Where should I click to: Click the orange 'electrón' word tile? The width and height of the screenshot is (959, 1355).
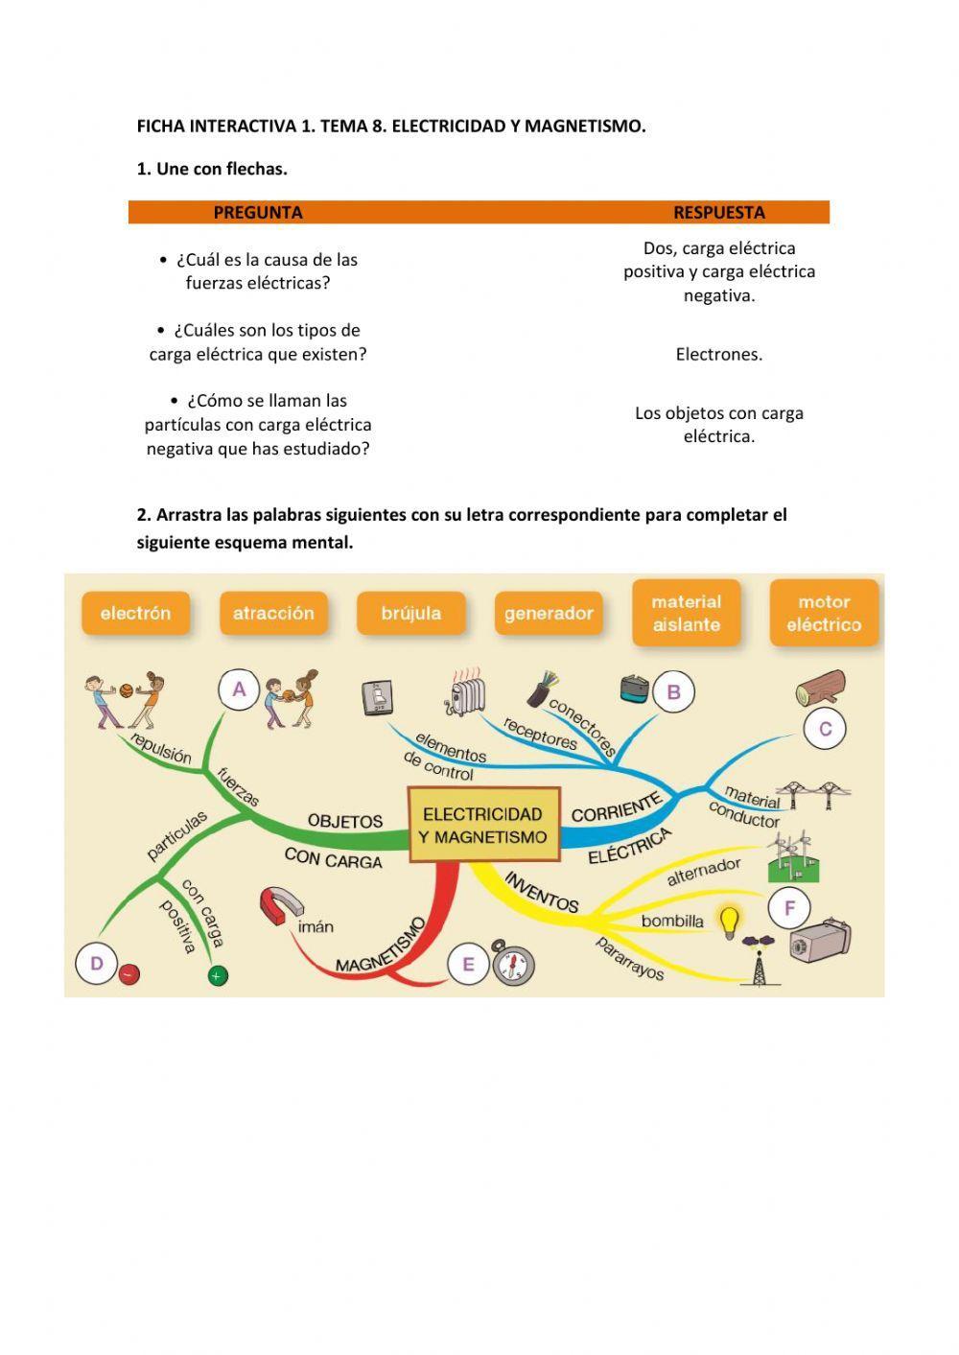(x=135, y=613)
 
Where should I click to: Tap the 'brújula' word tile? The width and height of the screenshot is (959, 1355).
(x=410, y=613)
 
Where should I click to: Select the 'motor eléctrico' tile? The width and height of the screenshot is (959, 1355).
(x=824, y=613)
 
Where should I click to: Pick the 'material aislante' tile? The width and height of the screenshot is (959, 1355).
(x=686, y=613)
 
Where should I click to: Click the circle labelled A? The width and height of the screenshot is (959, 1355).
(x=239, y=689)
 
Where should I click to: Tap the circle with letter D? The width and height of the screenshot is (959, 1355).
(x=96, y=963)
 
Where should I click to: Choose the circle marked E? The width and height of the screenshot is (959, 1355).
(x=468, y=964)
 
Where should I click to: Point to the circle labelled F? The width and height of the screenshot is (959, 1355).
(x=789, y=907)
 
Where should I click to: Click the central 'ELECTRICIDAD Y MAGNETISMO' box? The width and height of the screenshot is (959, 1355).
(x=484, y=825)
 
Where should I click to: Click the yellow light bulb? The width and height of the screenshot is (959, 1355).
(x=731, y=922)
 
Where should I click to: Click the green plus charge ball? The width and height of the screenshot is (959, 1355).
(x=218, y=976)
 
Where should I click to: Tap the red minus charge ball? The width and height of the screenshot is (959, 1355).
(x=129, y=974)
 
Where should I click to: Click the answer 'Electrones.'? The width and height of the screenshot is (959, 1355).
(x=718, y=354)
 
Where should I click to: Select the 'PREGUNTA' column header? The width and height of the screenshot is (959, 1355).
(x=257, y=212)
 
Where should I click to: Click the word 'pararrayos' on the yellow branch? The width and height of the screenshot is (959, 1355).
(x=630, y=957)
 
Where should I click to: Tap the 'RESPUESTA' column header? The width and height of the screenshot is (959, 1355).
(x=718, y=212)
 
